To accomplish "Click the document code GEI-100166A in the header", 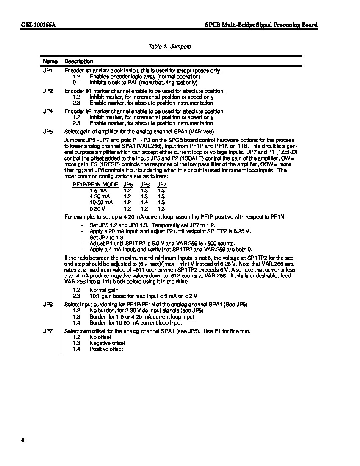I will click(x=39, y=25).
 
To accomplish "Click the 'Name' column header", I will click(x=50, y=61).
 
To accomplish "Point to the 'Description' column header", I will click(x=79, y=61).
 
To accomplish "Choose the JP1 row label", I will click(x=48, y=71).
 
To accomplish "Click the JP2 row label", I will click(x=48, y=91).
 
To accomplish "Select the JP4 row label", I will click(x=48, y=111).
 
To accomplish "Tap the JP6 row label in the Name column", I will click(x=48, y=305).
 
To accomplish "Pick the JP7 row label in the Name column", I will click(x=48, y=331).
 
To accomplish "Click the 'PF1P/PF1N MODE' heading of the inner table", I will click(x=96, y=185).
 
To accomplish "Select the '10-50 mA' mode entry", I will click(x=100, y=202).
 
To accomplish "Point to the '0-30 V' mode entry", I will click(x=98, y=208).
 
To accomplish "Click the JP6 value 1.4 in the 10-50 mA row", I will click(x=144, y=202).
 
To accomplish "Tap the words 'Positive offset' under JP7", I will click(x=106, y=349).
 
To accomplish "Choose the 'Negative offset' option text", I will click(x=108, y=343).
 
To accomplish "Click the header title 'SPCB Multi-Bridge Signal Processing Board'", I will click(x=258, y=25).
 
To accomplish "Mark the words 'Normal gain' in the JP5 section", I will click(x=104, y=290).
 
